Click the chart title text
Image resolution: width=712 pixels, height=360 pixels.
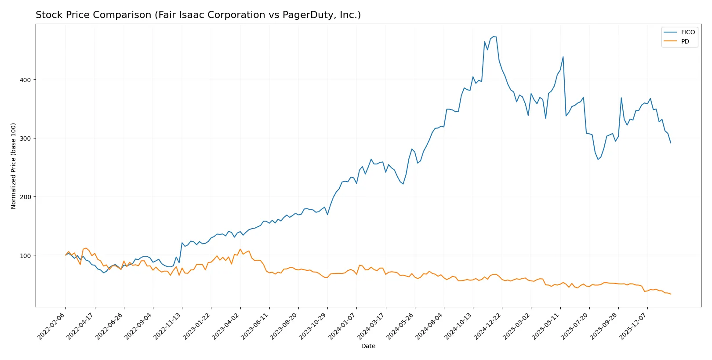click(198, 15)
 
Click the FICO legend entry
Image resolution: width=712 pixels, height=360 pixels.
click(687, 32)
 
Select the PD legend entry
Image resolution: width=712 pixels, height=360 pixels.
click(685, 41)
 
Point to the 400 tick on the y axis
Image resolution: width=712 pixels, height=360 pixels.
click(25, 80)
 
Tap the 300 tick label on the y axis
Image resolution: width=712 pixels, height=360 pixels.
click(25, 138)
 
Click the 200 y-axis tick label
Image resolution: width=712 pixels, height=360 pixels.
click(25, 197)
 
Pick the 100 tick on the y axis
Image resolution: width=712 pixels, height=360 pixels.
click(25, 255)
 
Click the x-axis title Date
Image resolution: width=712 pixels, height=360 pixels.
click(368, 346)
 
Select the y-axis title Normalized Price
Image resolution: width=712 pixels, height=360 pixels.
click(14, 166)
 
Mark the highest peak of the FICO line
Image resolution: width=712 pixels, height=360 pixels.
click(494, 36)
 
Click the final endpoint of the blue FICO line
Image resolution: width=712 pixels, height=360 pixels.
click(671, 143)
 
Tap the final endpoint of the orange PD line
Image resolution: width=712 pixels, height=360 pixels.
click(671, 294)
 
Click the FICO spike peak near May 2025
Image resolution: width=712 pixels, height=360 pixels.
click(563, 57)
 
